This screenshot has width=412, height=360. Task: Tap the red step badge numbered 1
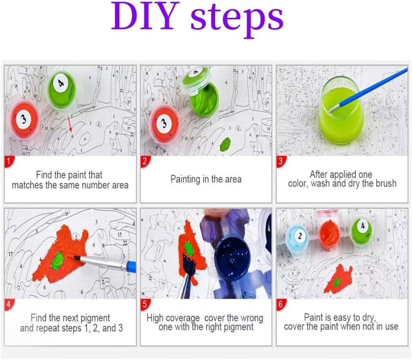(x=8, y=161)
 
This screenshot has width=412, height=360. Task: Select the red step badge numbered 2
(x=144, y=161)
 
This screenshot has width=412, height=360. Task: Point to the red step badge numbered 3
(x=280, y=161)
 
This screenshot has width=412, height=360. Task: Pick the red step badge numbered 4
(x=8, y=304)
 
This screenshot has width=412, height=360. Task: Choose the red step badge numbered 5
(x=144, y=304)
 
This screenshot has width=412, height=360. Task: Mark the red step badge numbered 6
(x=280, y=304)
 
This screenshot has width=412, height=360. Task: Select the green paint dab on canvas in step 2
(x=225, y=144)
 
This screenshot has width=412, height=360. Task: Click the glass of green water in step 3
(x=341, y=110)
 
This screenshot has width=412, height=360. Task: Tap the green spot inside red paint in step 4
(x=57, y=260)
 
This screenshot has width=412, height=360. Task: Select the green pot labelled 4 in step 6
(x=362, y=231)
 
